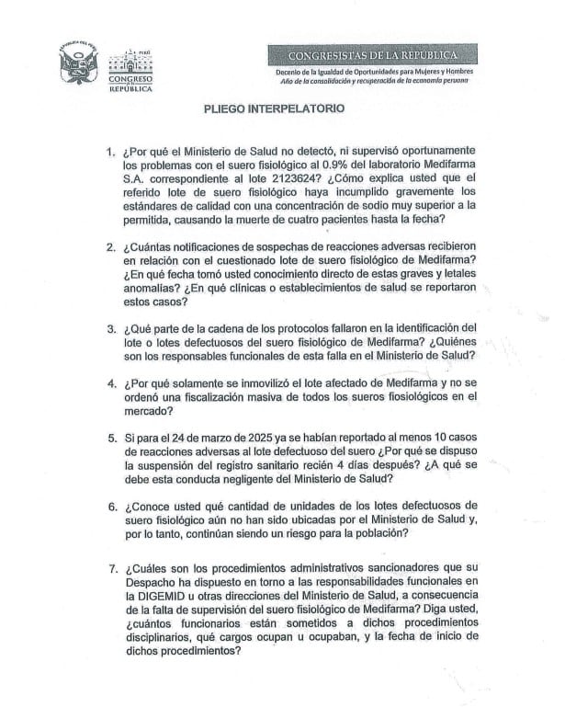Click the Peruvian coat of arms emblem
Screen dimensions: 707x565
(77, 63)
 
